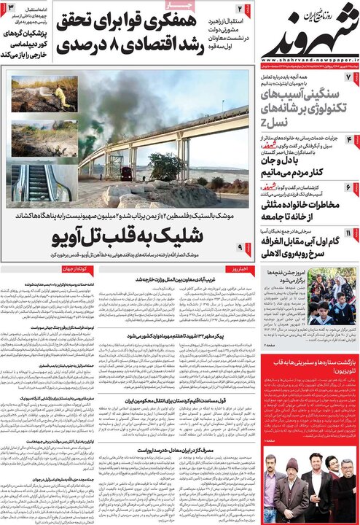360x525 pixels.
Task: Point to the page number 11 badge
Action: pyautogui.click(x=348, y=233)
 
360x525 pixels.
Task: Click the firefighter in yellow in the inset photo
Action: pyautogui.click(x=63, y=98)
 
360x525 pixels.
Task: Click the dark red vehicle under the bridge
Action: pyautogui.click(x=126, y=173)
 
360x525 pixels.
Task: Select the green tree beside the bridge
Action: pyautogui.click(x=166, y=166)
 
